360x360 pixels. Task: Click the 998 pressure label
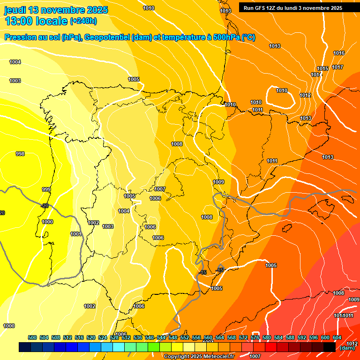[x=20, y=154]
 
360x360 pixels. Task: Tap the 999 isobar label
[x=46, y=189]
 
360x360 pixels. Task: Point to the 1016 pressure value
[x=339, y=53]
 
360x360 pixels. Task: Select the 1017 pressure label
[x=337, y=67]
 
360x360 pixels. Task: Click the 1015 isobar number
[x=322, y=69]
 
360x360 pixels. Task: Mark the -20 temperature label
[x=45, y=206]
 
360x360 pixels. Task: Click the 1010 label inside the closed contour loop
[x=282, y=90]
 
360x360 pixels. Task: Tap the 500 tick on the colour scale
[x=32, y=337]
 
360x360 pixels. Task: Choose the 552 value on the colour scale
[x=185, y=337]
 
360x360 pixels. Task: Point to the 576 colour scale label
[x=255, y=337]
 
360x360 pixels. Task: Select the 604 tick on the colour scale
[x=337, y=337]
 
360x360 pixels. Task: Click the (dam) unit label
[x=347, y=348]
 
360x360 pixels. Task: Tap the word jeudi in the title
[x=15, y=10]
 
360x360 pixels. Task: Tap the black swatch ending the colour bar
[x=330, y=347]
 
